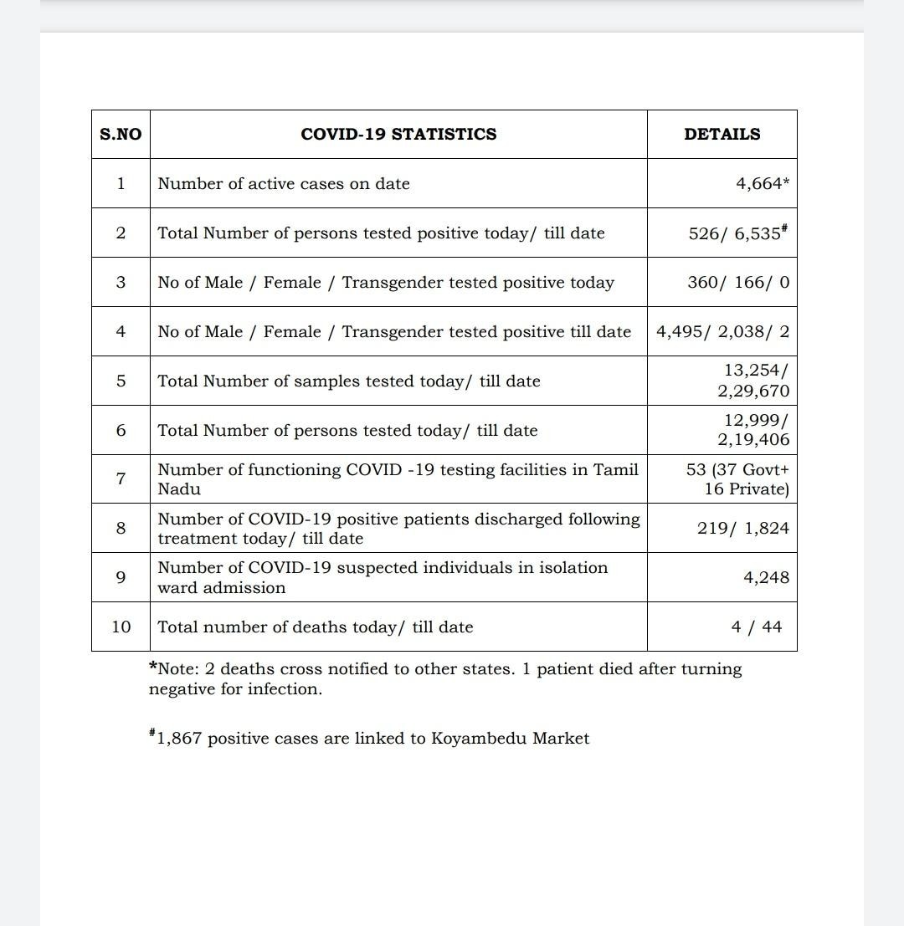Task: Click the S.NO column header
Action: coord(121,134)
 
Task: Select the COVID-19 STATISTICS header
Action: coord(398,134)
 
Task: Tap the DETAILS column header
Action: coord(722,134)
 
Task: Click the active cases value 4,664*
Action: coord(763,184)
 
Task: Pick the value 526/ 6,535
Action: coord(737,233)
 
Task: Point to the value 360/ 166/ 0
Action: coord(737,283)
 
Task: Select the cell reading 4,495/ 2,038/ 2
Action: coord(722,332)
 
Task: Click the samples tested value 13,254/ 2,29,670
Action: coord(753,381)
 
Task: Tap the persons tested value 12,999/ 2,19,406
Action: coord(753,430)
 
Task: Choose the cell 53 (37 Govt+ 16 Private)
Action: coord(737,479)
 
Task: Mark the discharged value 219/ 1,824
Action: coord(742,529)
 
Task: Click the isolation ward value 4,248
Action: coord(766,578)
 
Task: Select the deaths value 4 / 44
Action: coord(757,627)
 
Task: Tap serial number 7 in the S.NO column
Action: coord(121,479)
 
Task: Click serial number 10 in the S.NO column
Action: coord(121,627)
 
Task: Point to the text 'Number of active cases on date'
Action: coord(284,184)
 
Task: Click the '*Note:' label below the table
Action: coord(173,669)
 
